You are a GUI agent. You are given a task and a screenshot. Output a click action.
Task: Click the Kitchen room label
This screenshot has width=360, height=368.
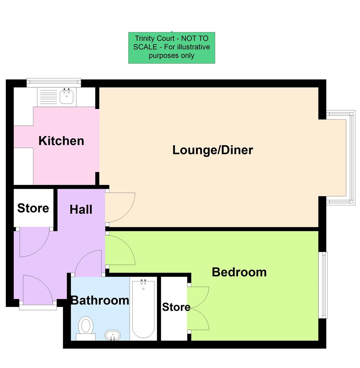[61, 141]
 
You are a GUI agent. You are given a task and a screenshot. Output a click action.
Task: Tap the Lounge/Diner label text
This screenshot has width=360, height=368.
[212, 150]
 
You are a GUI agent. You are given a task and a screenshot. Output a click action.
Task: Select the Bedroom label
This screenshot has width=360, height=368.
[239, 272]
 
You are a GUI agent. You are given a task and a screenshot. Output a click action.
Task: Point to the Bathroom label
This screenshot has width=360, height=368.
[100, 300]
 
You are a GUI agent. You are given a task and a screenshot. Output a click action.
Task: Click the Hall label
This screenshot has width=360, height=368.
[81, 209]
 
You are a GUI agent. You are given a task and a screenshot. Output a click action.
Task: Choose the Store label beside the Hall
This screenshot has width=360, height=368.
[33, 208]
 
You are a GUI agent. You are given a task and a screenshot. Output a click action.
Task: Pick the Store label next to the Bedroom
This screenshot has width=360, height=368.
[176, 307]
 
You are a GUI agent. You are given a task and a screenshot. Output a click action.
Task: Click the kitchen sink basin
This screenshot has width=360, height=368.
[67, 97]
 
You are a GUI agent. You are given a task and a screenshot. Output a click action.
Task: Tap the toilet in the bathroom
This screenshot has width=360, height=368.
[86, 326]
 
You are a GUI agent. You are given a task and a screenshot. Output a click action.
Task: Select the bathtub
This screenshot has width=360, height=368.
[143, 308]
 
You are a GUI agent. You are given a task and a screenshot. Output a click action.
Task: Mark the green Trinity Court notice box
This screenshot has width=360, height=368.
[171, 48]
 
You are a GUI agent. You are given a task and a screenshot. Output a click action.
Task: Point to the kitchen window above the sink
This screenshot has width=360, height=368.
[54, 81]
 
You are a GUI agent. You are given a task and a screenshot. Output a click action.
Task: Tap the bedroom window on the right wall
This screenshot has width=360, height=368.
[322, 285]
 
